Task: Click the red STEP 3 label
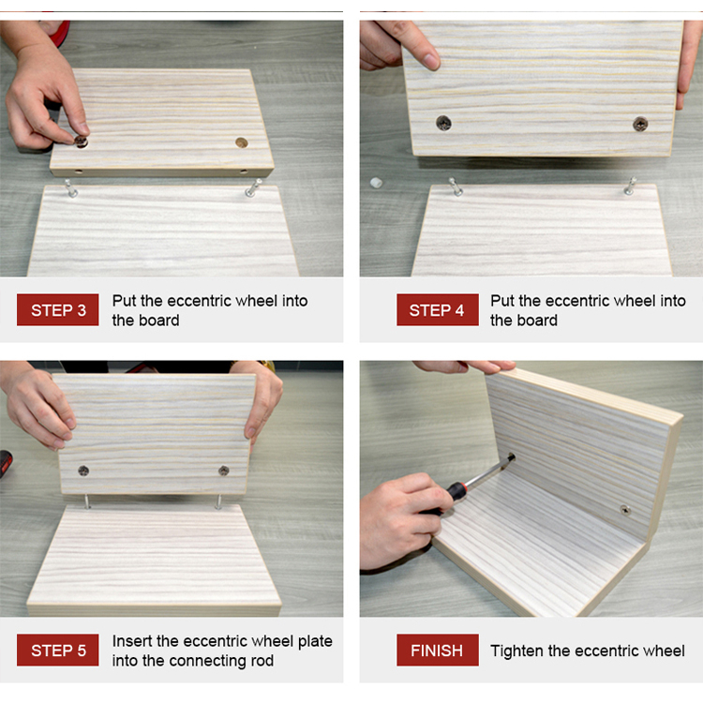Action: tap(58, 310)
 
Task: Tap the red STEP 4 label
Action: tap(437, 310)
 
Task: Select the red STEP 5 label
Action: tap(58, 650)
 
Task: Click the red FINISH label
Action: tap(437, 650)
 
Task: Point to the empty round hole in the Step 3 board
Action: tap(242, 142)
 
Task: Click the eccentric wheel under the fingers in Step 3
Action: tap(82, 142)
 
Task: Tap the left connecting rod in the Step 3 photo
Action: tap(70, 188)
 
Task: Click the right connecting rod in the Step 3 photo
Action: tap(253, 187)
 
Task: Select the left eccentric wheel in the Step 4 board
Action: tap(444, 123)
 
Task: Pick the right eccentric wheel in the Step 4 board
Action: tap(640, 124)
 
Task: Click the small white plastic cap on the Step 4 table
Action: tap(376, 183)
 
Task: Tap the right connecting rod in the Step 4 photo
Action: tap(631, 187)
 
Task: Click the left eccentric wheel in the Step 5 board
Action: tap(83, 471)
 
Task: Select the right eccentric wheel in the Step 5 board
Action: tap(224, 471)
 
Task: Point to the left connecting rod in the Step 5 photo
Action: tap(85, 501)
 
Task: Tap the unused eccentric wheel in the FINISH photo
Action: tap(625, 510)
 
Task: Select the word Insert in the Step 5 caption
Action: tap(132, 641)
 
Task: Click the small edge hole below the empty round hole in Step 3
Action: tap(244, 172)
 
